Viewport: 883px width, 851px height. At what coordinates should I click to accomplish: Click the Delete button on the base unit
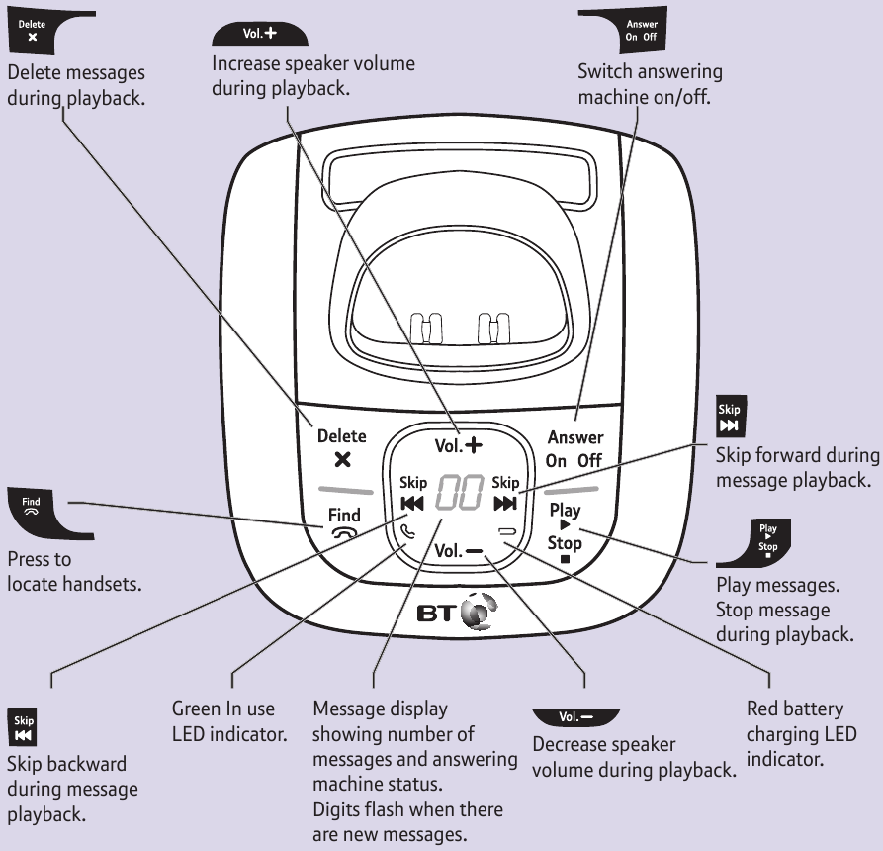341,448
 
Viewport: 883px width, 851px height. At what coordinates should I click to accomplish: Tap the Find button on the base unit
345,522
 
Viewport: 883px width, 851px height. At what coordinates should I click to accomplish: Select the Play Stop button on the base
565,527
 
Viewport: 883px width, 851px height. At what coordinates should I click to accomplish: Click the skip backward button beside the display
413,493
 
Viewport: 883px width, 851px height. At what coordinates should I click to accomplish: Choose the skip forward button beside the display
505,493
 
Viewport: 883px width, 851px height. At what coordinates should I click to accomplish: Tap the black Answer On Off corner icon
638,30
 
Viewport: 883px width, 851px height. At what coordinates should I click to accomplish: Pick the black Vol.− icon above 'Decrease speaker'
574,715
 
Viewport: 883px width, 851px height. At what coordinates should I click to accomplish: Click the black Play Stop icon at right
764,540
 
